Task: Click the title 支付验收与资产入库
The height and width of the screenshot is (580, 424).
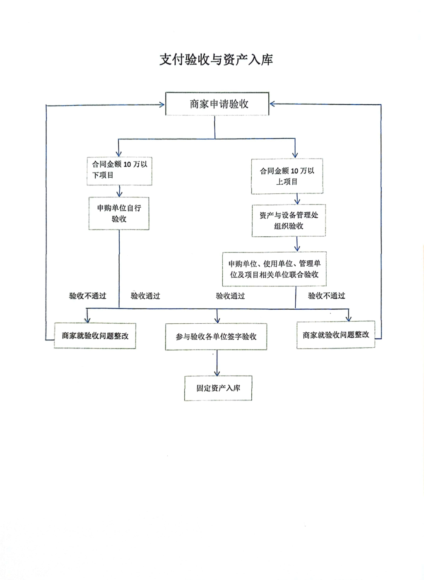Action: click(x=216, y=60)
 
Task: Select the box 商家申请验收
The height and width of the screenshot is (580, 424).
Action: click(x=217, y=104)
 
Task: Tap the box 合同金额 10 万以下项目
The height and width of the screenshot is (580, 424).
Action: click(x=119, y=171)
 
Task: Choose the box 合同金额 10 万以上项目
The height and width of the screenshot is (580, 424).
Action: click(x=287, y=176)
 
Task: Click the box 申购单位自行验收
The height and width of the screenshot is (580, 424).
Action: click(x=119, y=213)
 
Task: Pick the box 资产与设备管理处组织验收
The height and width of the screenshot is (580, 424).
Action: click(x=289, y=220)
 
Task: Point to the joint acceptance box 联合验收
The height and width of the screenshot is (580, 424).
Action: click(x=274, y=269)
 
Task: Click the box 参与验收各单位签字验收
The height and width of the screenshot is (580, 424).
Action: click(x=216, y=337)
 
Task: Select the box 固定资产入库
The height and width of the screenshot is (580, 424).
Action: click(x=218, y=388)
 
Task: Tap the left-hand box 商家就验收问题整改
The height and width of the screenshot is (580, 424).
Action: click(x=95, y=336)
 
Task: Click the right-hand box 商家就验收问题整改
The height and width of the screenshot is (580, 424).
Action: click(x=336, y=335)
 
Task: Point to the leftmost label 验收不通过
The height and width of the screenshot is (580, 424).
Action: click(x=87, y=296)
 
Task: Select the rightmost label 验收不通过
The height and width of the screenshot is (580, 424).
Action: click(x=327, y=296)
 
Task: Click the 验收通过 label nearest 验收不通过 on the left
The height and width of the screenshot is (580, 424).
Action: click(x=145, y=296)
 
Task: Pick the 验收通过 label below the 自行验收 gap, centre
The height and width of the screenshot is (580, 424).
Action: click(x=230, y=296)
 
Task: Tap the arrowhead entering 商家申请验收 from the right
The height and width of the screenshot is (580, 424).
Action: click(x=272, y=104)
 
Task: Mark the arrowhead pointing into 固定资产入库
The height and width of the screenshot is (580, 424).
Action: click(x=217, y=373)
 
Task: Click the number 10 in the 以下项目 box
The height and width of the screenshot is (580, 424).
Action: click(x=127, y=164)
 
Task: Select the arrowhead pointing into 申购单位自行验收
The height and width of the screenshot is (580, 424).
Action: click(x=119, y=194)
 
